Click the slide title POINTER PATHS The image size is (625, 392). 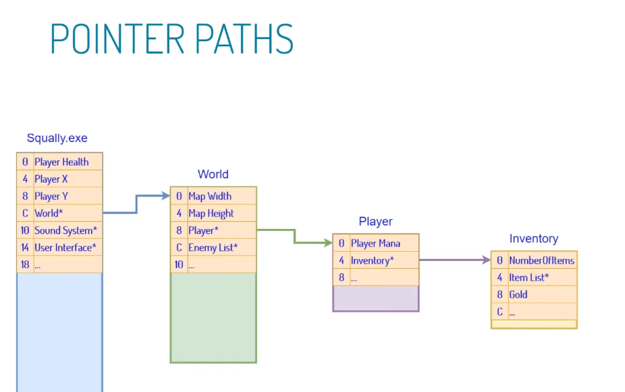pos(172,38)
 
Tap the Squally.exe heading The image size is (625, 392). pos(57,138)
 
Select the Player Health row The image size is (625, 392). pos(62,162)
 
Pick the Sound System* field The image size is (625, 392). pos(65,230)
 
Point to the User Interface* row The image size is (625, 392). pos(65,247)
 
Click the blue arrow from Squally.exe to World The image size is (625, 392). pos(136,204)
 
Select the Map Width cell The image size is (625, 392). pos(210,196)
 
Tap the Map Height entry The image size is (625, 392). pos(211,213)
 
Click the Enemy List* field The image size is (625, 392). pos(213,247)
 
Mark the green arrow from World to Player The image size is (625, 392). pos(294,236)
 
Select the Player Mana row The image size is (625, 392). pos(376,243)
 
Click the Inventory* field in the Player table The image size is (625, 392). pos(372,260)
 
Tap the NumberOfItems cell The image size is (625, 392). pos(542,260)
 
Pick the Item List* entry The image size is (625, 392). pos(529,277)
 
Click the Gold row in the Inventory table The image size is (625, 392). pos(518,294)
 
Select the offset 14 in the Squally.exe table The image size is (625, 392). pos(25,247)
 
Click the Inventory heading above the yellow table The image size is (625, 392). pos(534,239)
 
